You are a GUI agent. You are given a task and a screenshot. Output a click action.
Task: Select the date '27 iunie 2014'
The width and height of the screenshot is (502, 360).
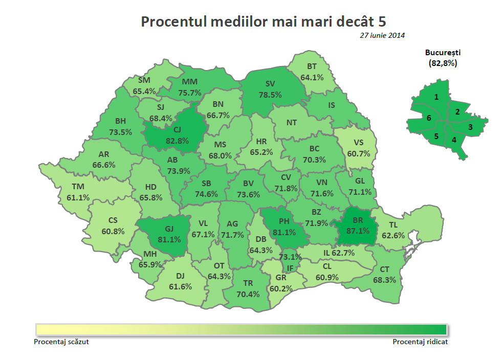[x=382, y=35]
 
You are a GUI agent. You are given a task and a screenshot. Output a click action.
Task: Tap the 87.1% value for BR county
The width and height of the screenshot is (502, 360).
[x=357, y=231]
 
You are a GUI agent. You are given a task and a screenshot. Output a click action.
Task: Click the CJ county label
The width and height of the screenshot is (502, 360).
[x=170, y=129]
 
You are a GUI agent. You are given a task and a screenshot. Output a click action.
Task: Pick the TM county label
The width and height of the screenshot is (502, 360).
[x=78, y=187]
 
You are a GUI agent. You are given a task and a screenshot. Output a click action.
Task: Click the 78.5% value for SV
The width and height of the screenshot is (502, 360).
[x=270, y=95]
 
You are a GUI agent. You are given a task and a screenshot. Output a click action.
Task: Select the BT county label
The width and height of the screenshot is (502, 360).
[x=312, y=66]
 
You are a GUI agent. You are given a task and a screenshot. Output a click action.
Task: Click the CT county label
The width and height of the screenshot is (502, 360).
[x=384, y=269]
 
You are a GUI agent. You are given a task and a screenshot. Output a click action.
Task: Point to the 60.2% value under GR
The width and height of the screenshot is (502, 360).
[x=280, y=288]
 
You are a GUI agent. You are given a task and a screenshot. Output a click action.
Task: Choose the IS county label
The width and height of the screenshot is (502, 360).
[x=331, y=105]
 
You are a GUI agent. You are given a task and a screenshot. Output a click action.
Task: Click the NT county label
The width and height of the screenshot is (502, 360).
[x=292, y=122]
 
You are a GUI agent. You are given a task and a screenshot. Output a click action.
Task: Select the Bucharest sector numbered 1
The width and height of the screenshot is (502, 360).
[x=436, y=96]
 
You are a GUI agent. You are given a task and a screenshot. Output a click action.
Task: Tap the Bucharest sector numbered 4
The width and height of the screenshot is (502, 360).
[x=453, y=140]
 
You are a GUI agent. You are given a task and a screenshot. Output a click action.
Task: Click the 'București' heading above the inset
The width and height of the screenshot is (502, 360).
[x=443, y=52]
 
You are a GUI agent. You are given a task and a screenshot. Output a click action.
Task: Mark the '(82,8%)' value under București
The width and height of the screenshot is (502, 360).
[x=443, y=63]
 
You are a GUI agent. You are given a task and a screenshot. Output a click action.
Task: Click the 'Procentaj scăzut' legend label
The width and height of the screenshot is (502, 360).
[x=64, y=342]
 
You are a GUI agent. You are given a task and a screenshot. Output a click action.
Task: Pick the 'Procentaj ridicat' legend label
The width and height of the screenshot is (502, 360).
[x=420, y=342]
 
